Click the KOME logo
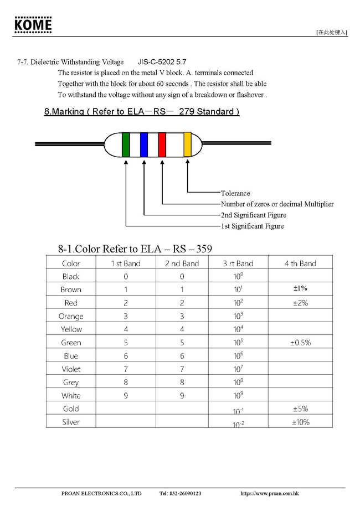[x=33, y=25]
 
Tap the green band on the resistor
[x=126, y=145]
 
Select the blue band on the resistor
[x=144, y=145]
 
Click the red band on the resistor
[x=162, y=145]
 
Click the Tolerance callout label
[x=235, y=193]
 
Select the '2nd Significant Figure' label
[x=254, y=215]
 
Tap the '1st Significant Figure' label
[x=252, y=226]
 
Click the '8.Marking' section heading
[x=142, y=111]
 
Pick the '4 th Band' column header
[x=300, y=263]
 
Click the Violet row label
[x=71, y=369]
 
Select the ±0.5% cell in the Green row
[x=300, y=343]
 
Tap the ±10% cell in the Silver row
[x=300, y=422]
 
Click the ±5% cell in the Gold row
[x=300, y=408]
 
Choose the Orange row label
[x=71, y=316]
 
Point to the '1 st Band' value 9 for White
[x=126, y=395]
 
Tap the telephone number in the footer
[x=180, y=493]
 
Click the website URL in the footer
[x=270, y=493]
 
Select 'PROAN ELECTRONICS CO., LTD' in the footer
[x=101, y=493]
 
